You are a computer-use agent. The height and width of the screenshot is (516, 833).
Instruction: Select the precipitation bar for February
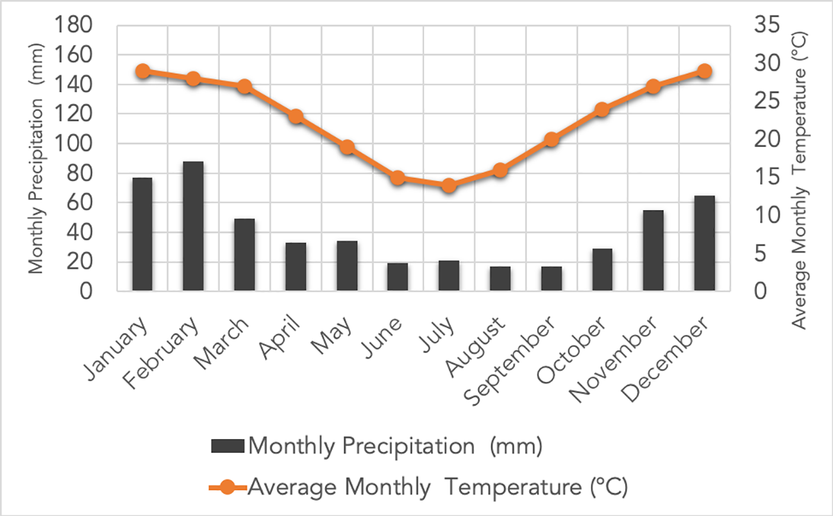(x=193, y=226)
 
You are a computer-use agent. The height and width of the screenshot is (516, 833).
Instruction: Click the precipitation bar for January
(x=142, y=234)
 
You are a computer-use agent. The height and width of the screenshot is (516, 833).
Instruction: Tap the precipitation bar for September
(x=552, y=279)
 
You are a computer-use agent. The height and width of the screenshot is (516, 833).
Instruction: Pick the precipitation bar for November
(x=653, y=250)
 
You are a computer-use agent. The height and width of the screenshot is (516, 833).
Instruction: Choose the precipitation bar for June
(x=398, y=277)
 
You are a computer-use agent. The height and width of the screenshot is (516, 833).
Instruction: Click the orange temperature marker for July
(x=449, y=185)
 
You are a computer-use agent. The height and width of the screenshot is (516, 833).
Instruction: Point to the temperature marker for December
(x=705, y=71)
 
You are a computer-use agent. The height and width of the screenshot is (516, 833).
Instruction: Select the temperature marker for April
(x=296, y=117)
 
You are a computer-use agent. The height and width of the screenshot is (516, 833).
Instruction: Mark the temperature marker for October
(x=602, y=110)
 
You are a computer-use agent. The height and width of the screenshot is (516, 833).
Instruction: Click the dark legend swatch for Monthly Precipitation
(x=226, y=445)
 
